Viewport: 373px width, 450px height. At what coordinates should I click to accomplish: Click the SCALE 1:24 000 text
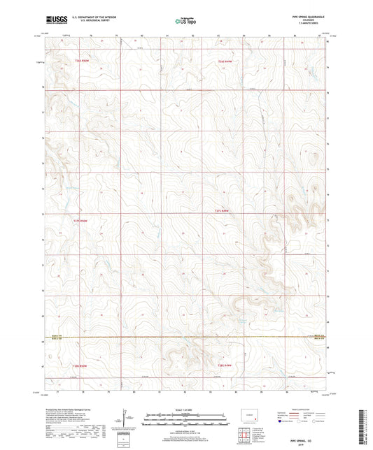[186, 409]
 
